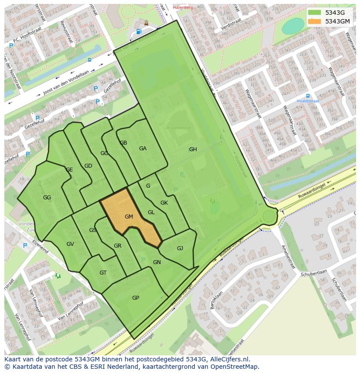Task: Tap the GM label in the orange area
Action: pos(129,216)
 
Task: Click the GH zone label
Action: pos(193,149)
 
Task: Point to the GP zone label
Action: pos(136,298)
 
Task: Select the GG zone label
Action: pos(47,198)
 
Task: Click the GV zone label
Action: pos(70,244)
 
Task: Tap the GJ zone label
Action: pos(180,248)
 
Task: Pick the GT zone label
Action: pos(103,273)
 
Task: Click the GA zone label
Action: pos(143,149)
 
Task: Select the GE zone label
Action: pos(69,170)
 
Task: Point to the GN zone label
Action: pos(157,262)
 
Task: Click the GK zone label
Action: pos(164,203)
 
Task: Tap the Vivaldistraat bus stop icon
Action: pos(308,96)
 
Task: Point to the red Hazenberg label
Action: pos(183,7)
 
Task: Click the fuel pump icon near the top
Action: pos(139,31)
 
